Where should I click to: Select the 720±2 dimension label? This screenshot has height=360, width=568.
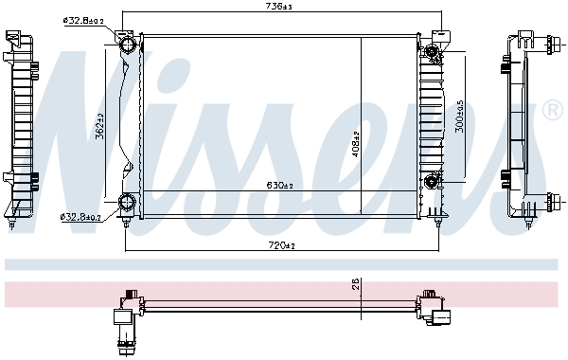coord(280,246)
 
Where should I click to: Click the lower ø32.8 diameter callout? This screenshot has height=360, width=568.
coord(81,218)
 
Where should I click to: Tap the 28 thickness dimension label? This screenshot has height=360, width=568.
coord(352,284)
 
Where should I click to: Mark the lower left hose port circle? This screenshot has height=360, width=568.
coord(128,202)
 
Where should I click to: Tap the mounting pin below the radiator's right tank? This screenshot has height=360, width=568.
coord(436,224)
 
